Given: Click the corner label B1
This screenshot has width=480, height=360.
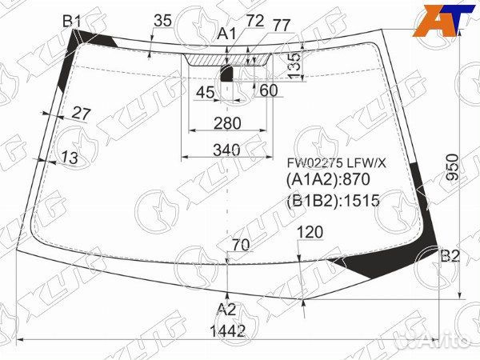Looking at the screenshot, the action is point(72,22).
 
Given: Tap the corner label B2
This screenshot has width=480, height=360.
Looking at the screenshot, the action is point(450,256).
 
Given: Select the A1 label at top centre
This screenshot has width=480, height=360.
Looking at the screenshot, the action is point(227,34).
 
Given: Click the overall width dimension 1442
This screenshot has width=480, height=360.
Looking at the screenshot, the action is point(228,330).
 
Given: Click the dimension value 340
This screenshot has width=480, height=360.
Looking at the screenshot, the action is point(227,150).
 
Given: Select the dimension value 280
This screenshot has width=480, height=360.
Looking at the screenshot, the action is point(227,123).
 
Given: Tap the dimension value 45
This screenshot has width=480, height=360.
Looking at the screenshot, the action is point(205,92).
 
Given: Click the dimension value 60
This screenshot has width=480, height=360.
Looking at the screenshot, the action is point(269,90).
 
